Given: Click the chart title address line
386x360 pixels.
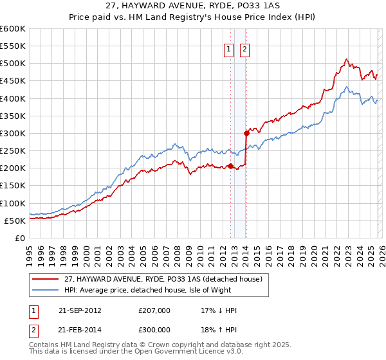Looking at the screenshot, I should tap(193, 7).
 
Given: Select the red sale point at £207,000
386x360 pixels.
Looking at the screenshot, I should tap(230, 166).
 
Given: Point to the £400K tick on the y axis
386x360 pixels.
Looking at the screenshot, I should tap(13, 98).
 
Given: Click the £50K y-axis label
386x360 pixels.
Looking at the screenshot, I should tap(15, 221).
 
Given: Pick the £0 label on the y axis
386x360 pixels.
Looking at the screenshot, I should tap(21, 238).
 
